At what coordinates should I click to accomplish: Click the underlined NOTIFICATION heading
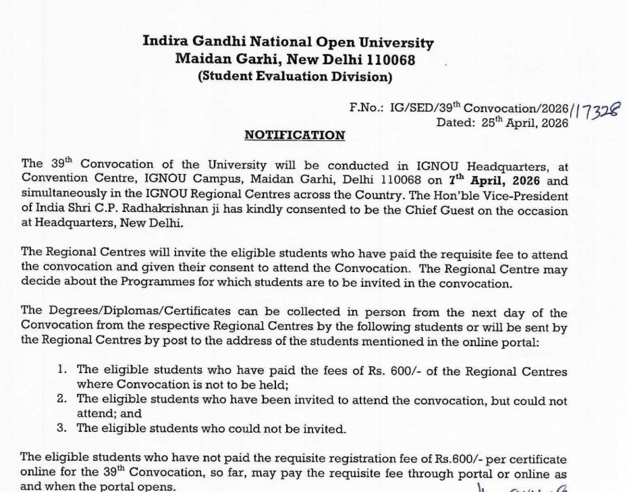pos(294,136)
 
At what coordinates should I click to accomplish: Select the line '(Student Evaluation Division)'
pos(294,76)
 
